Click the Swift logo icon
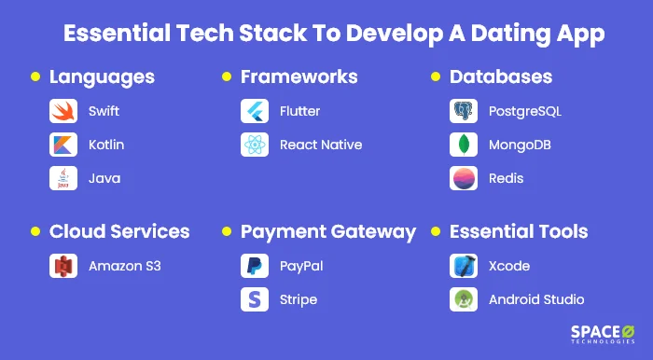tap(63, 112)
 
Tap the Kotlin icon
tap(63, 145)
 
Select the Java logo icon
tap(63, 178)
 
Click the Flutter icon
tap(255, 112)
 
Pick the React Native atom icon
tap(255, 145)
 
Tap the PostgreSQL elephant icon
tap(464, 112)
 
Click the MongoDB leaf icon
tap(464, 145)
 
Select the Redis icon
tap(464, 178)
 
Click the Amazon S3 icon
tap(63, 267)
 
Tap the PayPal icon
tap(255, 267)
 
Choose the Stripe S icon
tap(255, 299)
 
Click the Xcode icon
tap(464, 267)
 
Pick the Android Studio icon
tap(464, 299)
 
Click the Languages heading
tap(102, 76)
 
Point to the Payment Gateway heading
tap(327, 231)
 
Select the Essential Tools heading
tap(519, 231)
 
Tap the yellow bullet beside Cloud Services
tap(35, 232)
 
